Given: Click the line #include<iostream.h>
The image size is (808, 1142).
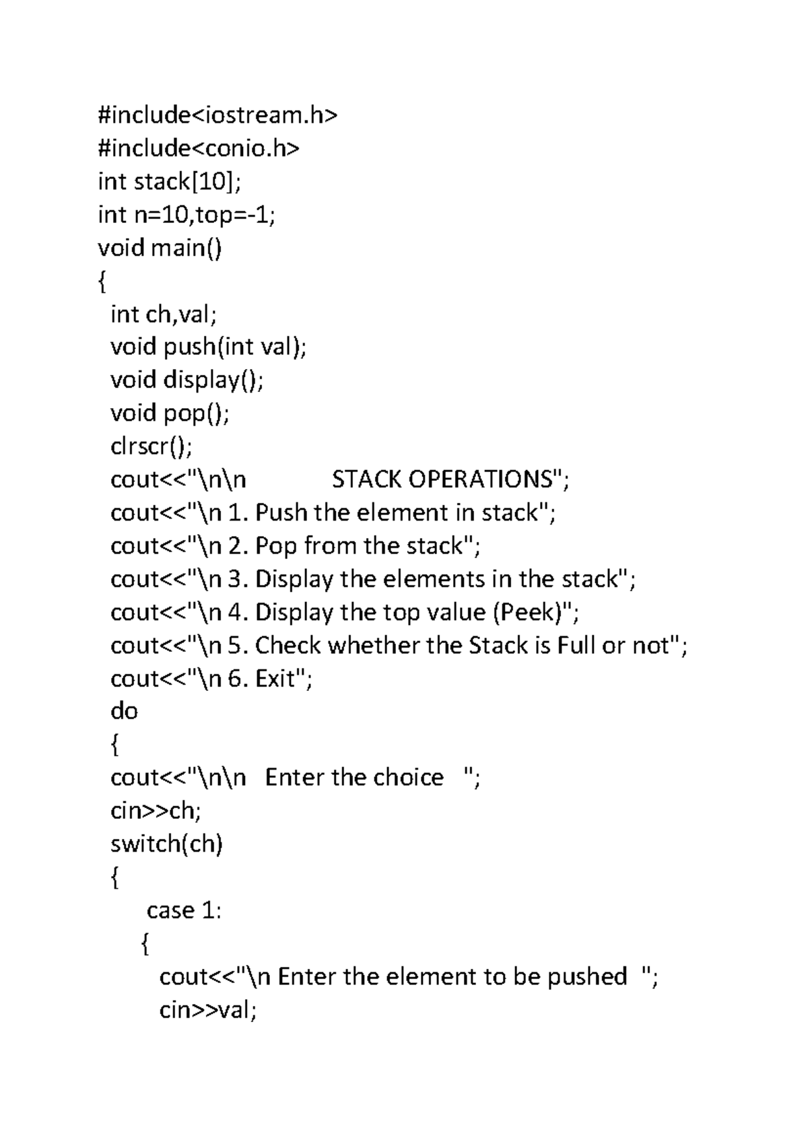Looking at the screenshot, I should tap(217, 116).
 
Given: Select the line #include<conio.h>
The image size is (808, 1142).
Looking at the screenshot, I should tap(199, 148).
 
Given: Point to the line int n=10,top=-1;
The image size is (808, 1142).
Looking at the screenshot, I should tap(187, 215).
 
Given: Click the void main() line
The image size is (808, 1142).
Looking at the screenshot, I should tap(160, 248).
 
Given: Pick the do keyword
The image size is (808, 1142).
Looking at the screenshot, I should tap(124, 711).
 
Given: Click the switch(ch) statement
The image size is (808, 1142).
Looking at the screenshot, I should tap(166, 844).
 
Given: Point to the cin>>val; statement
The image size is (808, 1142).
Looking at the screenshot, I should tap(208, 1010).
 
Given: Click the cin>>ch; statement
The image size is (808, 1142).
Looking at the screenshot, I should tap(156, 811).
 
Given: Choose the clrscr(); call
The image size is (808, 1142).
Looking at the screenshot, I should tap(151, 446).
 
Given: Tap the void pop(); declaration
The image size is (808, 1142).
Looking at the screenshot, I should tap(170, 413).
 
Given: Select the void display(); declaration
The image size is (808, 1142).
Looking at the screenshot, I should tap(187, 380).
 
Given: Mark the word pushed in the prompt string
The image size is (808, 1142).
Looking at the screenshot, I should tap(586, 976).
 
